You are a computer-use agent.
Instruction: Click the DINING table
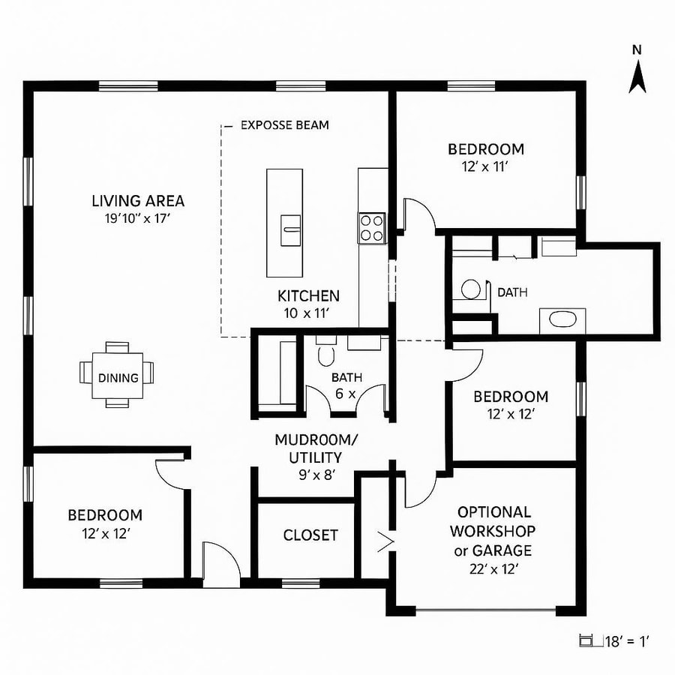pyautogui.click(x=118, y=377)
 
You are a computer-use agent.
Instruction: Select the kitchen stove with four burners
pyautogui.click(x=373, y=227)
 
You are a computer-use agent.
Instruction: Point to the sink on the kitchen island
pyautogui.click(x=290, y=229)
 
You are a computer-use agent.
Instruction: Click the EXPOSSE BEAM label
pyautogui.click(x=284, y=125)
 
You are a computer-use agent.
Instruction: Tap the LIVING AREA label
pyautogui.click(x=138, y=201)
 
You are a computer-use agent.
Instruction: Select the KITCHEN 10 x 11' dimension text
pyautogui.click(x=308, y=313)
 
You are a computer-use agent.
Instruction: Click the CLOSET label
pyautogui.click(x=310, y=535)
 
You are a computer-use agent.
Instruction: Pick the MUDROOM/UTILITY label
pyautogui.click(x=308, y=448)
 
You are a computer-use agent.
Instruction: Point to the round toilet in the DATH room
pyautogui.click(x=470, y=289)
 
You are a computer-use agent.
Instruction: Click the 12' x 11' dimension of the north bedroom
pyautogui.click(x=485, y=166)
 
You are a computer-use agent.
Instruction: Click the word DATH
pyautogui.click(x=512, y=292)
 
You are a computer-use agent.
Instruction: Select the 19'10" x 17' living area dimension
pyautogui.click(x=138, y=219)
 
